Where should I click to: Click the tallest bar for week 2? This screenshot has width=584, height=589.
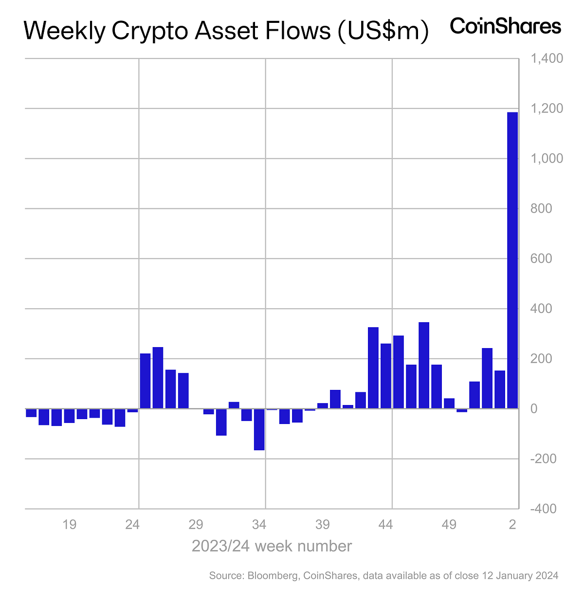pyautogui.click(x=512, y=260)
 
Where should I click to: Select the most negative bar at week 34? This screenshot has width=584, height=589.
pyautogui.click(x=259, y=429)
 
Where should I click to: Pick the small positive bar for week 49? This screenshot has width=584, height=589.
pyautogui.click(x=449, y=404)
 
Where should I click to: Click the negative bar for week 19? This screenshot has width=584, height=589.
pyautogui.click(x=70, y=416)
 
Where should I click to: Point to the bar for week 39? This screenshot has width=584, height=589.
pyautogui.click(x=323, y=406)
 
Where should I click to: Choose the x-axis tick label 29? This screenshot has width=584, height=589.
pyautogui.click(x=196, y=525)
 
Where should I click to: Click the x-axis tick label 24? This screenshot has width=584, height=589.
pyautogui.click(x=132, y=525)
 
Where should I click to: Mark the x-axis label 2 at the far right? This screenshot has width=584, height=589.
pyautogui.click(x=512, y=525)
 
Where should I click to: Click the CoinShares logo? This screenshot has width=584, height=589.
pyautogui.click(x=506, y=26)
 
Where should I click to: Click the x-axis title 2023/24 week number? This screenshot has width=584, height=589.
pyautogui.click(x=272, y=546)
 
